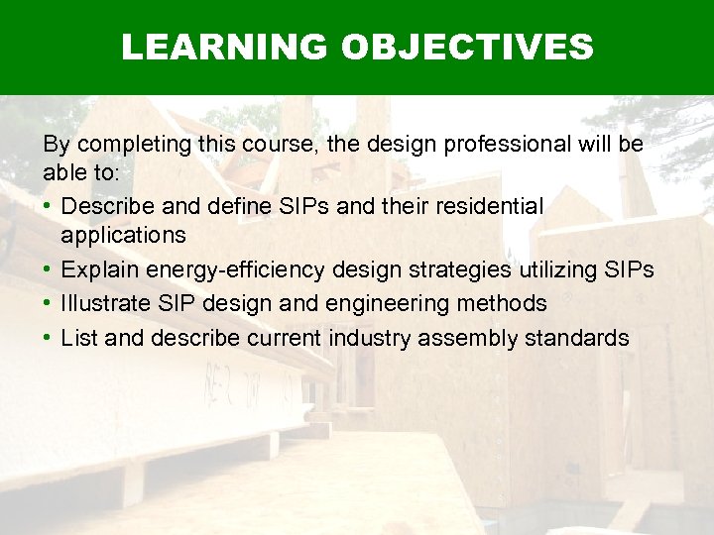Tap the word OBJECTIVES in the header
click(x=467, y=47)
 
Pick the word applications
click(x=123, y=235)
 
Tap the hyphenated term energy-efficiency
click(x=234, y=269)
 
